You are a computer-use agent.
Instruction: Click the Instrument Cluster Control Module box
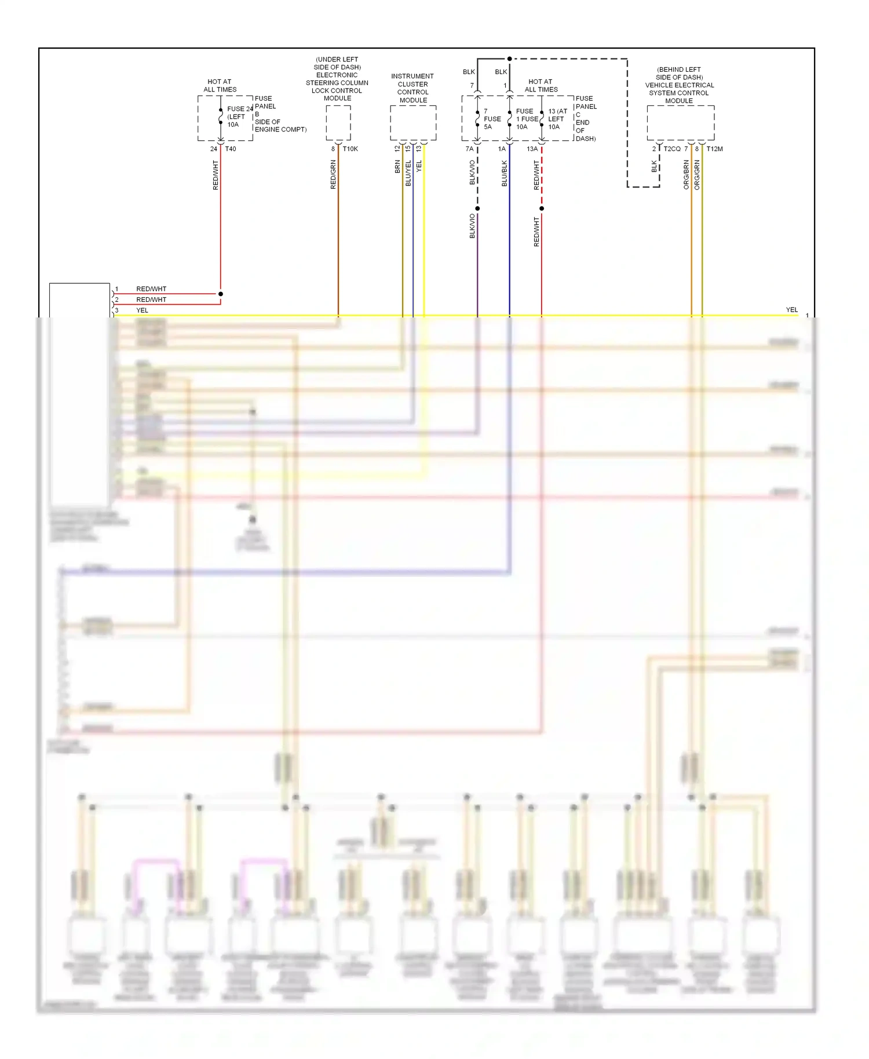point(413,123)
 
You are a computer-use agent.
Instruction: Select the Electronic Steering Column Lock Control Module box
point(338,123)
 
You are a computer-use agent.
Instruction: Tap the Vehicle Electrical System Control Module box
point(680,123)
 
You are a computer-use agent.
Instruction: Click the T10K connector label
point(350,149)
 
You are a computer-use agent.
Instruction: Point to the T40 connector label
point(231,149)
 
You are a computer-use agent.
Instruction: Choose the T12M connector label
point(714,149)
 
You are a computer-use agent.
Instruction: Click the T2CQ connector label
point(672,149)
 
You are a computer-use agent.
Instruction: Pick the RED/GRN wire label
point(333,174)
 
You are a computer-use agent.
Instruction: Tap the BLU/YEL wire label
point(408,173)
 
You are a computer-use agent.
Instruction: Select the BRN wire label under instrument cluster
point(397,167)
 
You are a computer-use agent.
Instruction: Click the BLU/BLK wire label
point(504,173)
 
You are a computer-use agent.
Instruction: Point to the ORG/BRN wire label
point(687,174)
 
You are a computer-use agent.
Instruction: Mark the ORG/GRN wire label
point(697,174)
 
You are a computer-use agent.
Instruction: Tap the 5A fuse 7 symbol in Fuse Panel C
point(477,119)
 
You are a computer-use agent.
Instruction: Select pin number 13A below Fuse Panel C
point(532,149)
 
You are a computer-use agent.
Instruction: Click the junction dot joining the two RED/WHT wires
point(221,294)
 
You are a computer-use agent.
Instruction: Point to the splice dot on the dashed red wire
point(542,209)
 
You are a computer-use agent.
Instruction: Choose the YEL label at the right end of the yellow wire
point(791,310)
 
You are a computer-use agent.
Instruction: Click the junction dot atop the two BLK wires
point(509,59)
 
